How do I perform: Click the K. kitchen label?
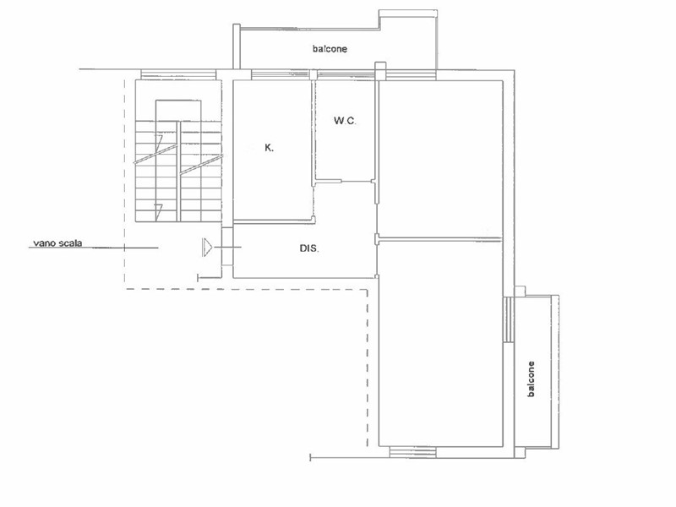[269, 149]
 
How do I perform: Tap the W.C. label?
[345, 121]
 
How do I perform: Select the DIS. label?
[309, 248]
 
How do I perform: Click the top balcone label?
[330, 49]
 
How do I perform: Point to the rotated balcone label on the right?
[532, 379]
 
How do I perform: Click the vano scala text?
[57, 243]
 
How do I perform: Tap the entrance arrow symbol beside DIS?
[207, 247]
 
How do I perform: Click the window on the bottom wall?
[412, 452]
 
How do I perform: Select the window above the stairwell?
[178, 74]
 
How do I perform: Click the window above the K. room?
[281, 74]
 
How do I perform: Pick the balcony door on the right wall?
[509, 319]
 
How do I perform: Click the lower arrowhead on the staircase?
[158, 210]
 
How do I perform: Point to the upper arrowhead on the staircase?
[158, 141]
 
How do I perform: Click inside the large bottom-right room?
[440, 343]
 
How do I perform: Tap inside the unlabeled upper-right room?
[440, 158]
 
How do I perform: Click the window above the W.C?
[345, 74]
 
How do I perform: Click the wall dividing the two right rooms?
[439, 238]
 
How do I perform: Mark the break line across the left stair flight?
[155, 154]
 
